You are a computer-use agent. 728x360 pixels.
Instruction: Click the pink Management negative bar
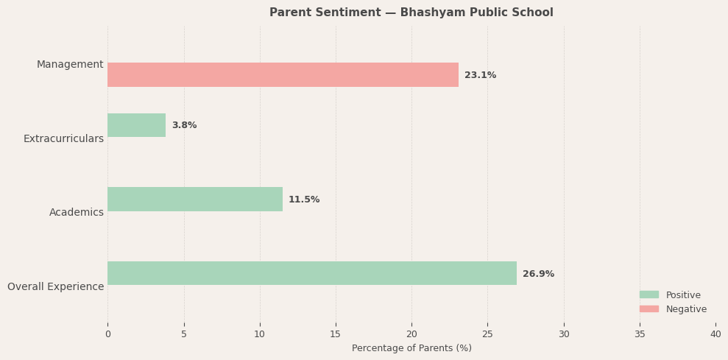click(x=283, y=75)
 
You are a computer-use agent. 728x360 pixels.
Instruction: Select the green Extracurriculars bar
click(x=136, y=125)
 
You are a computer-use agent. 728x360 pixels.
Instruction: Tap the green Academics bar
click(x=195, y=200)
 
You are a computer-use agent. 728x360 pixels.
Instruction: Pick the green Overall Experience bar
click(x=312, y=273)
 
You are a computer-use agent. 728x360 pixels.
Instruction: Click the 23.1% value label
click(x=480, y=75)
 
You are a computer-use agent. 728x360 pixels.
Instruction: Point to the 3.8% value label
click(x=184, y=125)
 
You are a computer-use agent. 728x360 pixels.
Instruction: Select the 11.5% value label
click(x=304, y=200)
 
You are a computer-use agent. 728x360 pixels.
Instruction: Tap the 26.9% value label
click(x=538, y=274)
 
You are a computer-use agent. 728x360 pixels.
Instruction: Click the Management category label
click(x=70, y=65)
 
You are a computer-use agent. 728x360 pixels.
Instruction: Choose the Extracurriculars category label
click(x=63, y=138)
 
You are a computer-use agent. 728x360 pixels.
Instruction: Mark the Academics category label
click(x=77, y=213)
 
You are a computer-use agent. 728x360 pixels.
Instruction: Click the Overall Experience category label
click(x=55, y=286)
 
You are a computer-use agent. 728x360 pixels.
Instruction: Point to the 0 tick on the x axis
click(x=107, y=334)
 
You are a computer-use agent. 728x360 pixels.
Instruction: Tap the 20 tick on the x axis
click(x=411, y=334)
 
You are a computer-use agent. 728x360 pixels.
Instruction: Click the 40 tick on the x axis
click(x=715, y=334)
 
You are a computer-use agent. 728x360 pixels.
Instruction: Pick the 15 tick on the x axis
click(x=336, y=334)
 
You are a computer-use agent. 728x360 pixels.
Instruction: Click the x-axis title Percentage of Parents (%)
click(x=411, y=348)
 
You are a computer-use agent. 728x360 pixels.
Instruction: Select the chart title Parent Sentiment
click(x=411, y=13)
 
